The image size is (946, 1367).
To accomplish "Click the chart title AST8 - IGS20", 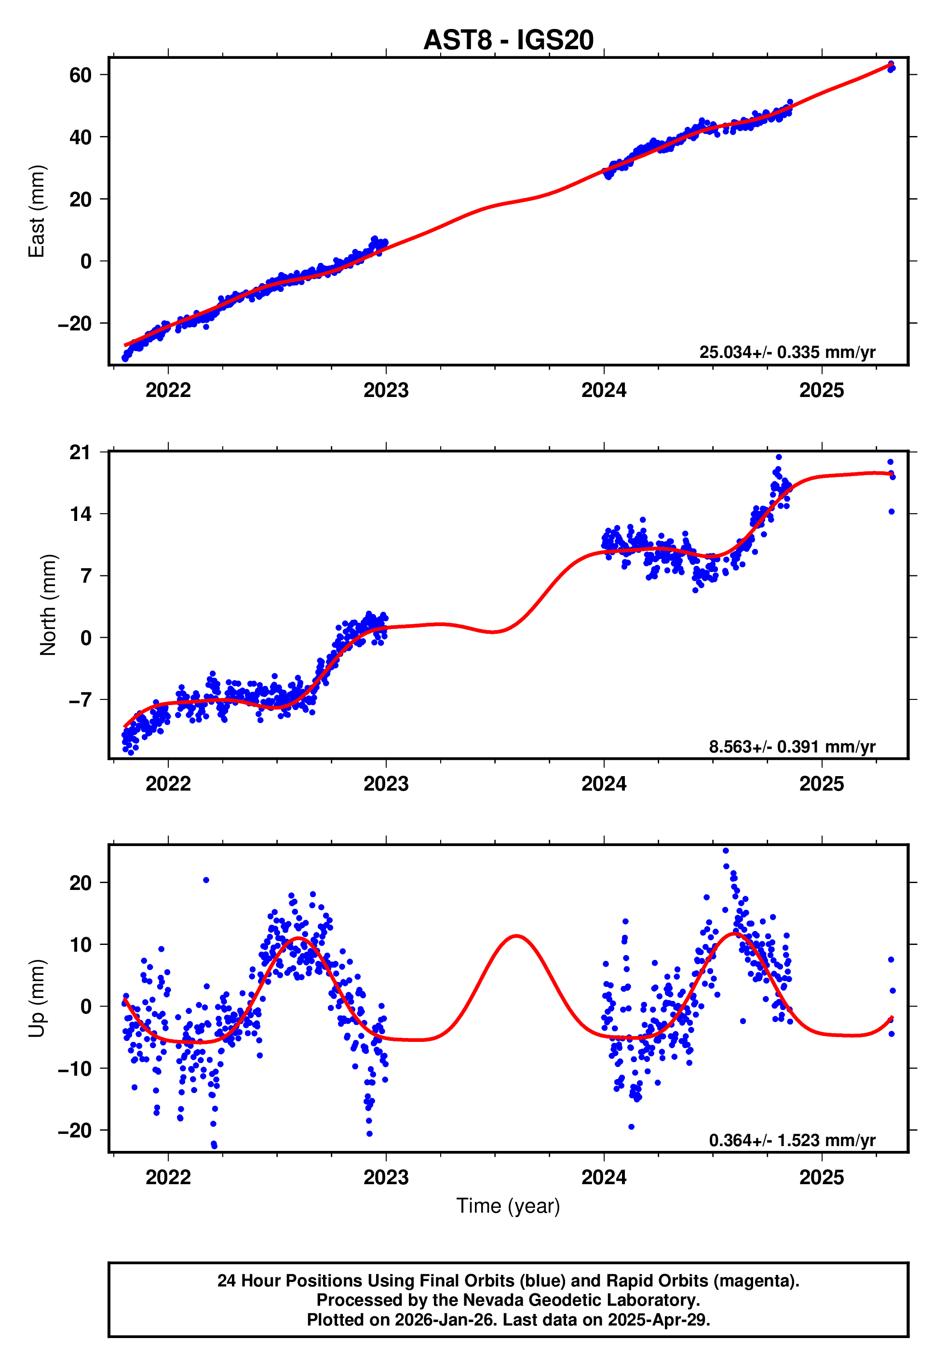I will point(508,41).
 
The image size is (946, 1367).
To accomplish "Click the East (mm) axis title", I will point(37,211).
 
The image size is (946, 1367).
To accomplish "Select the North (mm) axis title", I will point(48,605).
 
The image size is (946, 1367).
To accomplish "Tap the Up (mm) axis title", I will point(37,998).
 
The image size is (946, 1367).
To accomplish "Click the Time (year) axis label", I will point(508,1206).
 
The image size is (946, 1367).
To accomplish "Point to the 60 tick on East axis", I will point(80,75).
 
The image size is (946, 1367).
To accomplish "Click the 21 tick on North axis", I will point(80,452).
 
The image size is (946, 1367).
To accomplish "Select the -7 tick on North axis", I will point(80,700).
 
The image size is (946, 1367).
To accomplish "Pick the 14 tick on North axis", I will point(80,514).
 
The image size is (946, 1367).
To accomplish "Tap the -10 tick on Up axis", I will point(75,1068).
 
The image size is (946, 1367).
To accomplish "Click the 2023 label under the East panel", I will point(386,391).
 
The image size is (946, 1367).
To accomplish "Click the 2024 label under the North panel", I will point(603,784).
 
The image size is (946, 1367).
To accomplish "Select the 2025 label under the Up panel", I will point(821,1178).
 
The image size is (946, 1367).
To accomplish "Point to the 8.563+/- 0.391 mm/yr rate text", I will point(791,746).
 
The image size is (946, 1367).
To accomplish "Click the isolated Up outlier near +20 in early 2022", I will point(206,880).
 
